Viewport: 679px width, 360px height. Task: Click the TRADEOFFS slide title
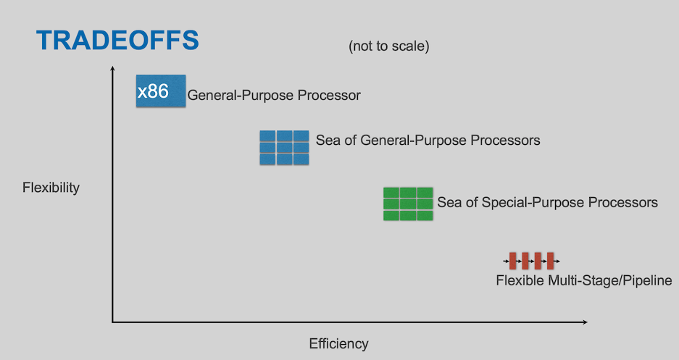point(117,41)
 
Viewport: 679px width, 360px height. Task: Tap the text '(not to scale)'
point(389,46)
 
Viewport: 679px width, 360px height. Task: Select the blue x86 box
point(161,91)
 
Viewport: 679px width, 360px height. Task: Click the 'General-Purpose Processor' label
point(274,95)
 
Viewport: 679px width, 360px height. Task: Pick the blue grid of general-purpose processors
point(285,148)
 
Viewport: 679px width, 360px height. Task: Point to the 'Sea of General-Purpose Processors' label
point(428,141)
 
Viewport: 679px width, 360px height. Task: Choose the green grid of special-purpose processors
point(408,204)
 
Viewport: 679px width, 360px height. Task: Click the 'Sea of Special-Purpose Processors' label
point(547,202)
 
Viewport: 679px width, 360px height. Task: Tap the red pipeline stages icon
point(531,261)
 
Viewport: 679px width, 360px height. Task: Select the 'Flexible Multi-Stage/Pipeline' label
point(584,280)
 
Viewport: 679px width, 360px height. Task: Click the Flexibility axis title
point(51,188)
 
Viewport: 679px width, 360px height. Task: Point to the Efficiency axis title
point(338,343)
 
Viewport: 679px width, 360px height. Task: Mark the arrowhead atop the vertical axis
point(112,68)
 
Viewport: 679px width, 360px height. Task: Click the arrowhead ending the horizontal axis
point(585,322)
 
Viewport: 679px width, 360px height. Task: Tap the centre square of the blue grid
point(285,148)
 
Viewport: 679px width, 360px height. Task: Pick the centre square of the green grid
point(408,204)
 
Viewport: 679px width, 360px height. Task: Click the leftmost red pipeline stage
point(513,261)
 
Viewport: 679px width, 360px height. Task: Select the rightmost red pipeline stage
point(551,261)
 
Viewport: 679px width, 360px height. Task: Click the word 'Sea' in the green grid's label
point(449,202)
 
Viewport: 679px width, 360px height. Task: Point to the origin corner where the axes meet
point(112,322)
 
